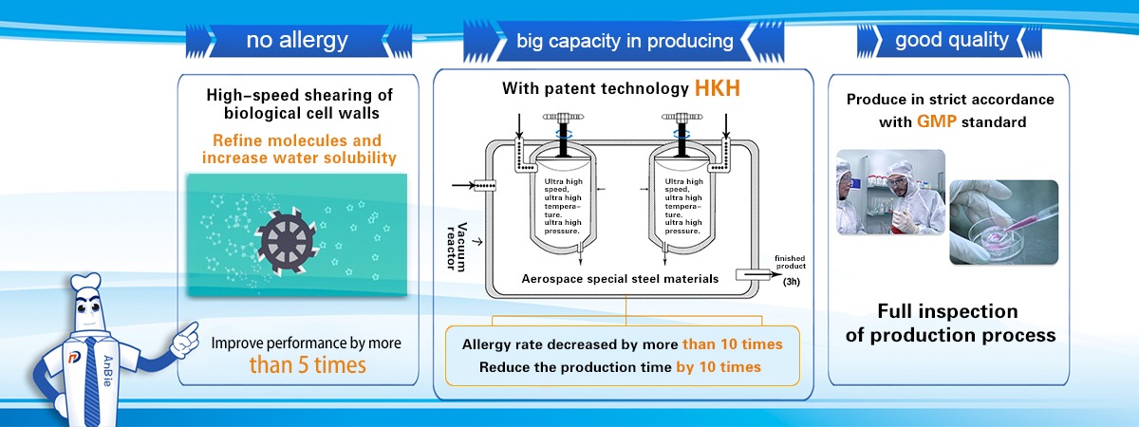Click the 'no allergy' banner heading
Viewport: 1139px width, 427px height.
point(297,40)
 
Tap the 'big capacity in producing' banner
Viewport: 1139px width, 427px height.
point(625,41)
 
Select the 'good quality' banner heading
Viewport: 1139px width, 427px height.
point(952,40)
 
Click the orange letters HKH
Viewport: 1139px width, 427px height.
point(717,88)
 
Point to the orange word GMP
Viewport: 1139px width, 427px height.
point(937,121)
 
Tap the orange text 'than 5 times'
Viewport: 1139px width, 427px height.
point(308,365)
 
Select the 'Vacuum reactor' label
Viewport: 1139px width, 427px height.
point(457,246)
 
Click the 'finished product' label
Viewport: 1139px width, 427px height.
point(790,262)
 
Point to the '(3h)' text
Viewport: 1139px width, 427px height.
point(792,281)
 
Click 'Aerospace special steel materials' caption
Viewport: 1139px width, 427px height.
point(620,279)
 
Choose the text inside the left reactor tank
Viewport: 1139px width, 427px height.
point(563,206)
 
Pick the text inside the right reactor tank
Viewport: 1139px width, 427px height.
point(683,206)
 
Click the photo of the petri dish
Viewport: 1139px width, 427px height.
point(1004,222)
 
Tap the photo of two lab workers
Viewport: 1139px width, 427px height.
point(891,192)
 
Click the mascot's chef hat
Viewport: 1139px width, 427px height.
point(85,282)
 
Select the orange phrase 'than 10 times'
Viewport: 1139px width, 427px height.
point(732,344)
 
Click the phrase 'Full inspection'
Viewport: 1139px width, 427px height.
point(948,311)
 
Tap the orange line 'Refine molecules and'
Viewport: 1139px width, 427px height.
point(297,140)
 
